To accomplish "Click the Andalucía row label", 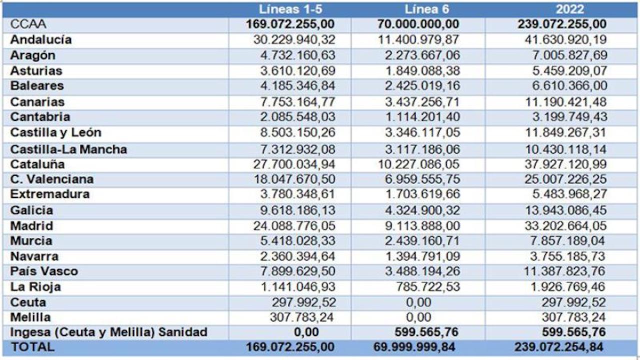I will click(x=41, y=39).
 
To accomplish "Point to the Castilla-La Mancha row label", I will click(x=68, y=149).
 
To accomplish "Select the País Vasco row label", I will click(x=44, y=271).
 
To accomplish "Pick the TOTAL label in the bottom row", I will click(x=33, y=346).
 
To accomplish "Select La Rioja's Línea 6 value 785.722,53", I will click(x=426, y=287).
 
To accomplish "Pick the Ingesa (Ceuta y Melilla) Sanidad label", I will click(x=108, y=331).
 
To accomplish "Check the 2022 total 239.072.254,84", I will click(x=558, y=346).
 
